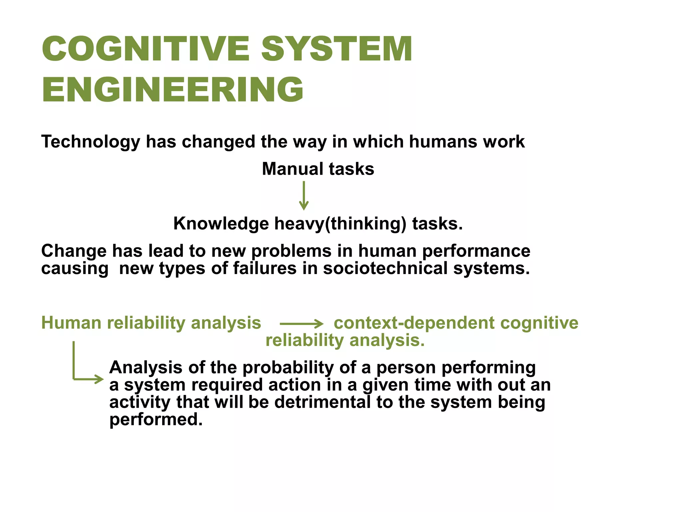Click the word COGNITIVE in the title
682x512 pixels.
pos(146,49)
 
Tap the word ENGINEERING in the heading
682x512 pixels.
pos(172,89)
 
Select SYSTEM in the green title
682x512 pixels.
pos(337,49)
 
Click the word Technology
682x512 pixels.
pos(91,142)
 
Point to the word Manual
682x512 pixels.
pos(292,169)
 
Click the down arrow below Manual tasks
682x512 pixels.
pos(304,196)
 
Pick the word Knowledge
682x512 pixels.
pos(221,223)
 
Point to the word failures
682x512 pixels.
pos(264,268)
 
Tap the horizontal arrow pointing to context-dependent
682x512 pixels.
pos(301,323)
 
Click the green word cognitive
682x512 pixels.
pos(539,323)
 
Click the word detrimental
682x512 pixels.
pos(322,402)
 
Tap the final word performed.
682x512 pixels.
pos(156,420)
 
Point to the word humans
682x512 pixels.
pos(443,142)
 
